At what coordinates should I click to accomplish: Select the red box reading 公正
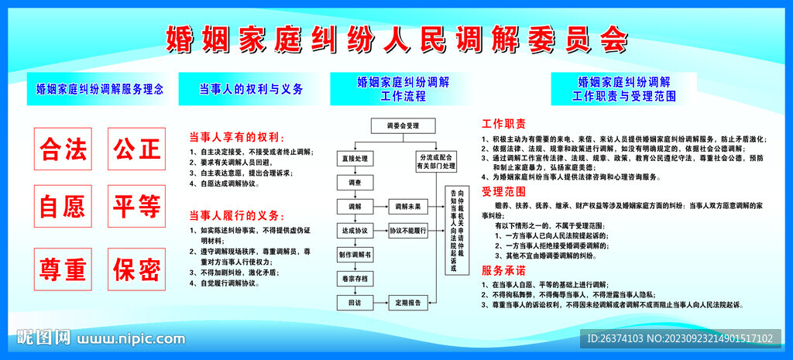(x=136, y=149)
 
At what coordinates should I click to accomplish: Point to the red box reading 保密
(x=136, y=269)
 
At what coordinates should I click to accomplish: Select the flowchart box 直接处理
(x=355, y=159)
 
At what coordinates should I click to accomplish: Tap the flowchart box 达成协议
(x=355, y=231)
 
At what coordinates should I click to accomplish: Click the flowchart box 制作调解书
(x=355, y=255)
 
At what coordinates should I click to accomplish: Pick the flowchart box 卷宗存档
(x=355, y=278)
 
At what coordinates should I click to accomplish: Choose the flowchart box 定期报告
(x=408, y=303)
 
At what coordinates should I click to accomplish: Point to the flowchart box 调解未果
(x=408, y=207)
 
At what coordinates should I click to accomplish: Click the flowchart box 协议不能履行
(x=408, y=231)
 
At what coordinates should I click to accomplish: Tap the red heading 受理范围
(x=504, y=190)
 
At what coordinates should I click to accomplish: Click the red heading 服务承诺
(x=504, y=270)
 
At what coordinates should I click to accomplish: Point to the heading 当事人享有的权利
(x=228, y=136)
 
